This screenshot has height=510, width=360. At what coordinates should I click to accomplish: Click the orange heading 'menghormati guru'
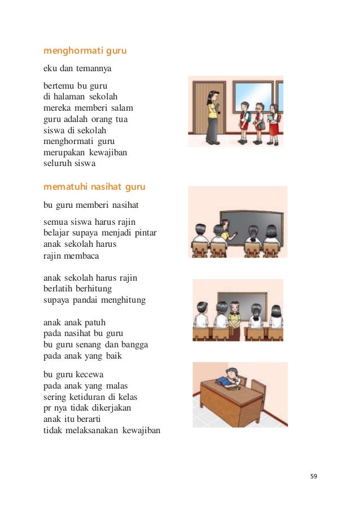(85, 51)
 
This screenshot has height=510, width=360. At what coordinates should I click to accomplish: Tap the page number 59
(314, 476)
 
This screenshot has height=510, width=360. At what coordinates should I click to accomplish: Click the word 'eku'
(50, 70)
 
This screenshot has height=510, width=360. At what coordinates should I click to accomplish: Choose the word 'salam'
(124, 108)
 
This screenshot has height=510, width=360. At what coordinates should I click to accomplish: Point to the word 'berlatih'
(58, 289)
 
